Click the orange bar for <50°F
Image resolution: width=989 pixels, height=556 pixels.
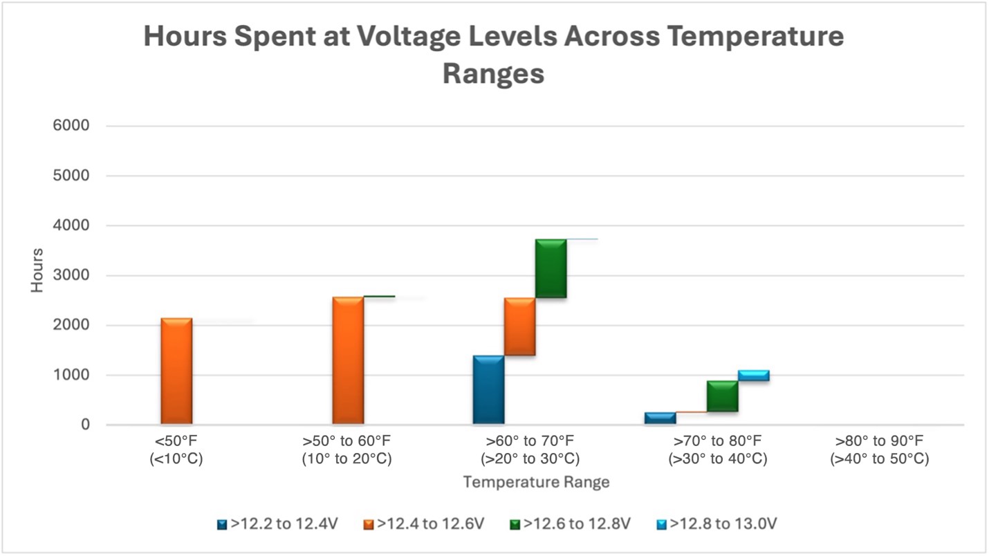tap(176, 371)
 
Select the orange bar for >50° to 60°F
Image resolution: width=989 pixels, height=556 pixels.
tap(348, 360)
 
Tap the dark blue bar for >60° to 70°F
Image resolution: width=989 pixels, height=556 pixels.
tap(488, 389)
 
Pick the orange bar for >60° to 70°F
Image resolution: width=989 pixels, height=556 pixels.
tap(519, 326)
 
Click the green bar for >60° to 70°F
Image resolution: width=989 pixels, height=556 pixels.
tap(551, 268)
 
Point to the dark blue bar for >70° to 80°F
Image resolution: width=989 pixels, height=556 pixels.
tap(660, 418)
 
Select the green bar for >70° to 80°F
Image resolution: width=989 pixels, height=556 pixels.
tap(722, 396)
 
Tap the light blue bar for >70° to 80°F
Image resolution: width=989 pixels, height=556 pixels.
tap(753, 376)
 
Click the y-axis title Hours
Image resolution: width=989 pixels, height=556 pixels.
tap(37, 270)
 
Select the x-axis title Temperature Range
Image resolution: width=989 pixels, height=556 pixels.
tap(536, 482)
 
